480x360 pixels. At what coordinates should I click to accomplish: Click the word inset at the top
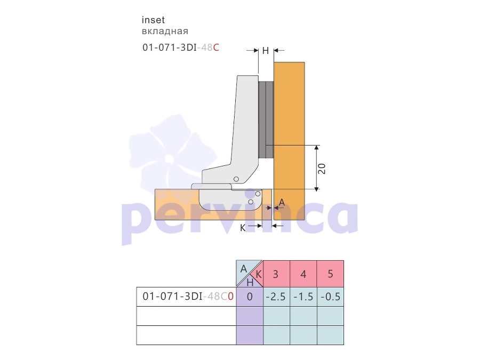coord(153,20)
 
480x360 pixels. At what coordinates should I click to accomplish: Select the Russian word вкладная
coord(165,31)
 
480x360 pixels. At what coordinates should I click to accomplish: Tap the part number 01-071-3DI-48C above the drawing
coord(181,48)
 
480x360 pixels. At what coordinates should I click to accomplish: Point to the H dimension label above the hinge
coord(266,51)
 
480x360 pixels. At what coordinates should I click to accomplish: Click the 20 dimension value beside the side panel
coord(322,169)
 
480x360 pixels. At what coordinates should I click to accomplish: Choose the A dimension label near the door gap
coord(282,202)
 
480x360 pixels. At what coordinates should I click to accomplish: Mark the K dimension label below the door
coord(243,228)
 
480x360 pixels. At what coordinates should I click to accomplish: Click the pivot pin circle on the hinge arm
coord(236,179)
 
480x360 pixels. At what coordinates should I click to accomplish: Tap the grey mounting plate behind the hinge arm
coord(266,119)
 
